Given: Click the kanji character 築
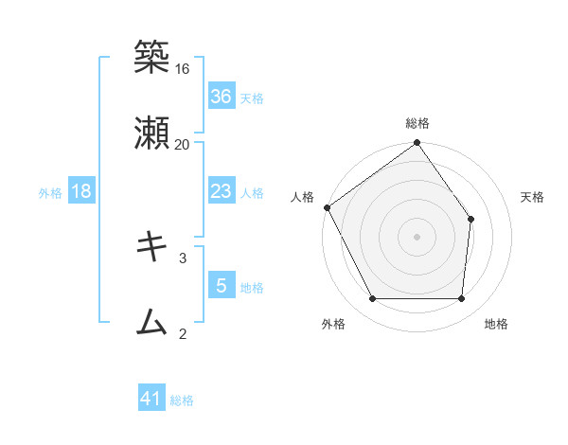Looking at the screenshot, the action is point(151,59).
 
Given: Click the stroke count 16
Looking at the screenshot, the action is point(183,69).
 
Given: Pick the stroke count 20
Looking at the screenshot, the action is point(183,144).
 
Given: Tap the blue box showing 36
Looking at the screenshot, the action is point(222,96).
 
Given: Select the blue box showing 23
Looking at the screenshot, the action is point(222,191).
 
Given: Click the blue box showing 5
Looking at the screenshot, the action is point(222,285).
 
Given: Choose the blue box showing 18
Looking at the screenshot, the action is point(81,191).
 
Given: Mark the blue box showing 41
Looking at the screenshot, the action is point(151,399).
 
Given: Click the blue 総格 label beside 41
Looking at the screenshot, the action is point(182,400).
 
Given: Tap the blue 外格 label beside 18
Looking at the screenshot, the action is point(50,193).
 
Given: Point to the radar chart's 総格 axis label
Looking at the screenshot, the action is point(417,123).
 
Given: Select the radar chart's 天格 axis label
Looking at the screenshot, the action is point(533,197).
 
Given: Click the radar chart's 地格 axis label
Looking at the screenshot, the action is point(496,324).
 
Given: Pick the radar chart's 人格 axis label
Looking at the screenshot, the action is point(303,197).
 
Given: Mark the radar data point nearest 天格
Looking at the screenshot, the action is point(471,220).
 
